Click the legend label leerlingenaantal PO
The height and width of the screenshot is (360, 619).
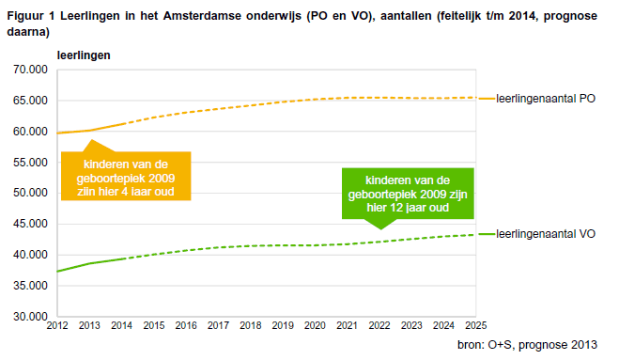tap(545, 99)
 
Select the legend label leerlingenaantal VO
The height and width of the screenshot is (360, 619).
tap(545, 234)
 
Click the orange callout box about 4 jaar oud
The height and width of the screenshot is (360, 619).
tap(126, 175)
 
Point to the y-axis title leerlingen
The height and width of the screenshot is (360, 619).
tap(84, 54)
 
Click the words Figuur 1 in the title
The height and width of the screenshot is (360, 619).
tap(29, 16)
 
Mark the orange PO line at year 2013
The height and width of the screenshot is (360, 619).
tap(90, 131)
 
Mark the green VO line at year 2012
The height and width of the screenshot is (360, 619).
tap(58, 272)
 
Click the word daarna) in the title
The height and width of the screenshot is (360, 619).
tap(27, 31)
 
